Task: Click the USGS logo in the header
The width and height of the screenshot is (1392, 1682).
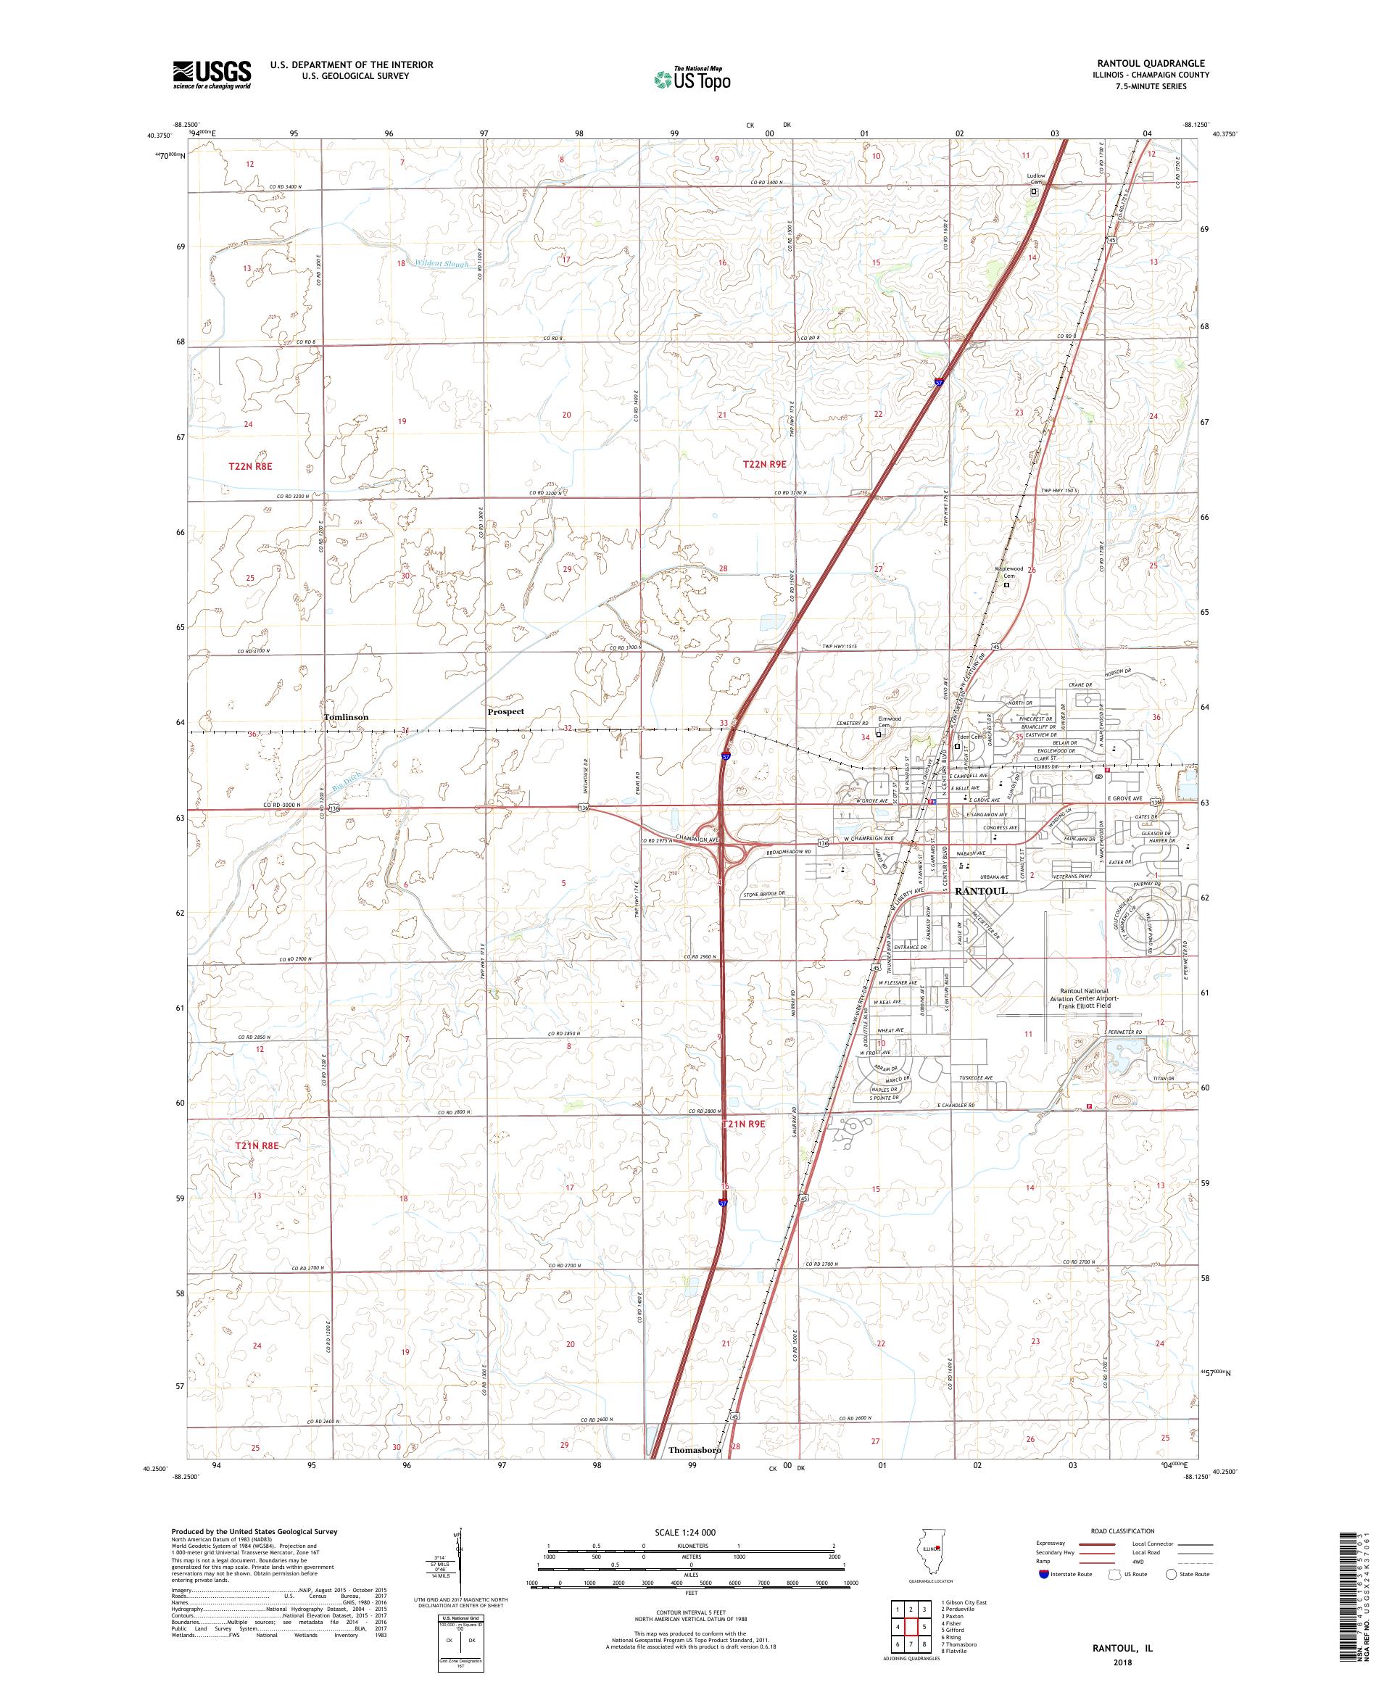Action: (212, 75)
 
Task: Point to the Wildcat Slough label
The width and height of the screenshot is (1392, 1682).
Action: (442, 262)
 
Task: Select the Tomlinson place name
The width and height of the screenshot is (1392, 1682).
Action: (346, 717)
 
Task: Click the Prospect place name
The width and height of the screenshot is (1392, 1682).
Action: (505, 711)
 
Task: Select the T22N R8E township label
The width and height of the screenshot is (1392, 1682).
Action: (251, 465)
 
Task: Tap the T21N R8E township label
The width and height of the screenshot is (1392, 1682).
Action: (257, 1146)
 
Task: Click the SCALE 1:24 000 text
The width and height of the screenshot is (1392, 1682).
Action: (691, 1531)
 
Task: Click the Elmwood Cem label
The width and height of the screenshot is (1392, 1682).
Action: (889, 721)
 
